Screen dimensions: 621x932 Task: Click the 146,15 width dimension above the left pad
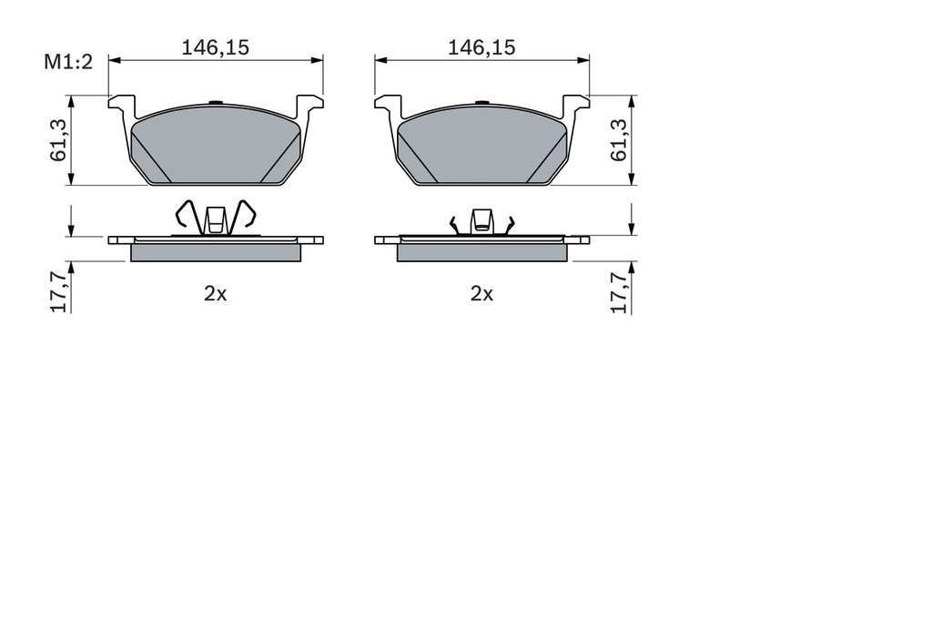point(215,48)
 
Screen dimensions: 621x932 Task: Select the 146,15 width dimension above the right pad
point(481,48)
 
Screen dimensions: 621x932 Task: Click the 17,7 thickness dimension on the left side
point(57,290)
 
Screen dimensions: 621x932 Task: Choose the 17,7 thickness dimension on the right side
point(620,290)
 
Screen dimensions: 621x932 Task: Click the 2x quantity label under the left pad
point(215,293)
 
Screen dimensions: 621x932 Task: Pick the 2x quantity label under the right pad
point(481,293)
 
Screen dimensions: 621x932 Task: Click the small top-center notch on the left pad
point(216,102)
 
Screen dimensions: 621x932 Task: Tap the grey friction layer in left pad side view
point(216,252)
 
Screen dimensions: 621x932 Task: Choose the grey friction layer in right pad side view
point(482,252)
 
